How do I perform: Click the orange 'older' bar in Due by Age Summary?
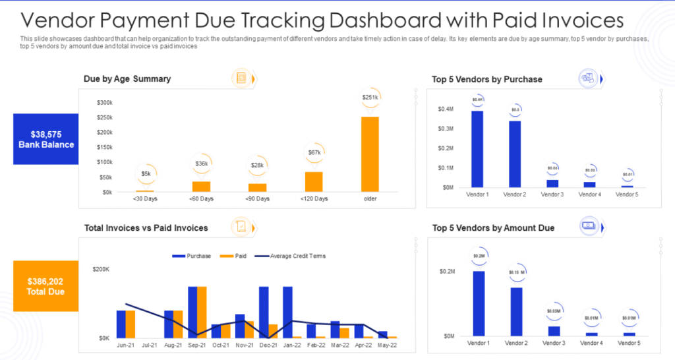click(370, 154)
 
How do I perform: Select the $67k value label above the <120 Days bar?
click(314, 152)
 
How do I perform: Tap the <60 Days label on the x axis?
click(202, 198)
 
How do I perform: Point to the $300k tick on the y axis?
click(104, 103)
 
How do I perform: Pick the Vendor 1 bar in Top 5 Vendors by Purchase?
click(477, 149)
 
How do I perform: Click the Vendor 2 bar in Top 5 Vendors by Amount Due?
click(515, 311)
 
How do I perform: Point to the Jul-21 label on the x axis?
click(148, 345)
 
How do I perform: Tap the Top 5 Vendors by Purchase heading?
click(487, 79)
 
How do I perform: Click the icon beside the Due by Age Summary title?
click(242, 78)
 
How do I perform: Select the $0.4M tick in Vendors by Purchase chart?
click(446, 109)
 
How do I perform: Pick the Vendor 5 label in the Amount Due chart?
click(628, 343)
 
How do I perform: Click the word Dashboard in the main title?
click(451, 20)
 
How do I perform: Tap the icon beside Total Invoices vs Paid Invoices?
click(241, 227)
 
